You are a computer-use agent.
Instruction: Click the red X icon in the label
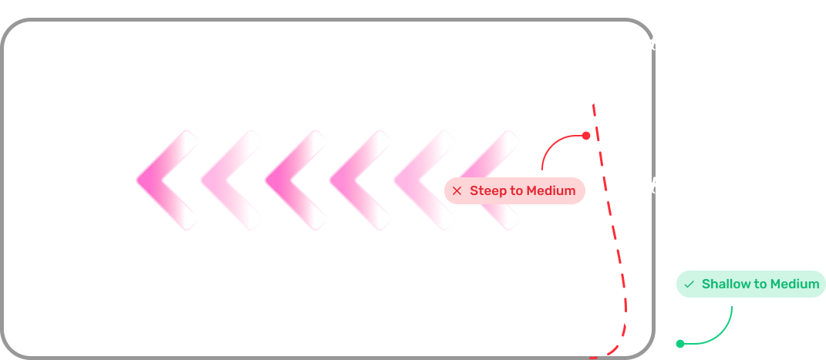click(x=457, y=191)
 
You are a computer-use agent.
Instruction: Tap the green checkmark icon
click(x=689, y=284)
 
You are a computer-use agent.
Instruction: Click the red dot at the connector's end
click(x=586, y=136)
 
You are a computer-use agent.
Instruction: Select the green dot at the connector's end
click(x=680, y=344)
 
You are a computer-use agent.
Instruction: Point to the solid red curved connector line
click(x=553, y=144)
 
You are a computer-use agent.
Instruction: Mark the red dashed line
click(x=614, y=231)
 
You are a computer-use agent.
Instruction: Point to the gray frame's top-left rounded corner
click(x=11, y=29)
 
